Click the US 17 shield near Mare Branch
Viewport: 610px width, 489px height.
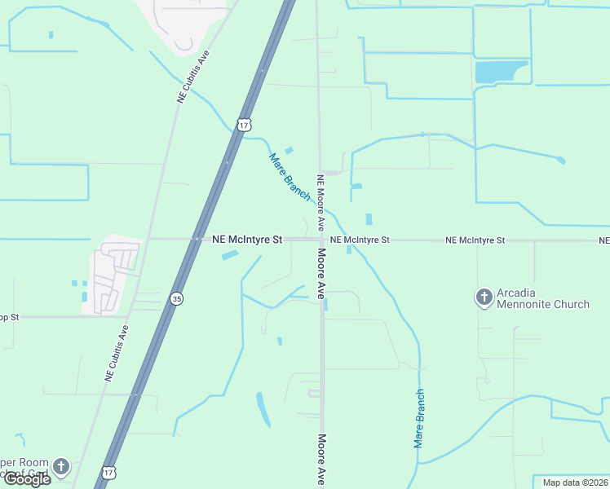point(244,125)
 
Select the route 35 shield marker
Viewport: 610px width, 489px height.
point(177,299)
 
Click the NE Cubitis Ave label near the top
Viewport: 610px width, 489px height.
point(193,78)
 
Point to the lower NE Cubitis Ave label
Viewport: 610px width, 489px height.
point(117,354)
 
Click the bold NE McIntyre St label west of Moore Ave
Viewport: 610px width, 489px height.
point(246,240)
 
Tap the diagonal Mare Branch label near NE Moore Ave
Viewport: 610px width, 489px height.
point(290,177)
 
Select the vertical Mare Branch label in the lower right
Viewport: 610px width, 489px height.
point(419,418)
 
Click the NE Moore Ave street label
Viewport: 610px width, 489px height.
point(321,201)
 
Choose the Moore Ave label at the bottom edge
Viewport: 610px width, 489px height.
point(321,459)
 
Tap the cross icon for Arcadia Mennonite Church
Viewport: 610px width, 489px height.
point(484,297)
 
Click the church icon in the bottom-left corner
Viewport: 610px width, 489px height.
point(61,467)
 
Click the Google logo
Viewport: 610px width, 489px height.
point(26,479)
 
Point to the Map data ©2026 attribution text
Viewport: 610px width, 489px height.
point(575,482)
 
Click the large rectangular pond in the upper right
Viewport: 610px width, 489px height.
point(501,72)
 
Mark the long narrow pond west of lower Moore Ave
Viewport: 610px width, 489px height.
point(263,410)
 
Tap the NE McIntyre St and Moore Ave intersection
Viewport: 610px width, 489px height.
point(320,240)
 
